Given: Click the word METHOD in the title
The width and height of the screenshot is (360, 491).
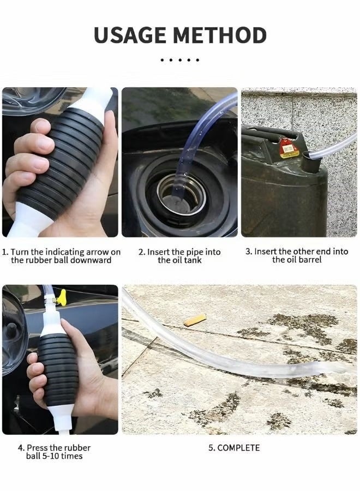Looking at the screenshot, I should pyautogui.click(x=223, y=35).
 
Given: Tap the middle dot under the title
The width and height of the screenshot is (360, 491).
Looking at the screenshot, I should pyautogui.click(x=180, y=59).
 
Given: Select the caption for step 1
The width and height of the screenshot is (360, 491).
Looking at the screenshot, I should pyautogui.click(x=61, y=256).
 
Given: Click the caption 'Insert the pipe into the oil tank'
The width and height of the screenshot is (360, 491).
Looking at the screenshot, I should pyautogui.click(x=179, y=256).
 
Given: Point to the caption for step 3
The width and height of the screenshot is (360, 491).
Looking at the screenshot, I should pyautogui.click(x=297, y=255).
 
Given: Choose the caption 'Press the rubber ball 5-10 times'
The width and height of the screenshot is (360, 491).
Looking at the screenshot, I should pyautogui.click(x=54, y=452).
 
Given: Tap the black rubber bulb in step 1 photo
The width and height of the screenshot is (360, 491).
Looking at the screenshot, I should pyautogui.click(x=60, y=158).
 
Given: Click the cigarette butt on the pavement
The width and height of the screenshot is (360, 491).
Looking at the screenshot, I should pyautogui.click(x=195, y=320).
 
